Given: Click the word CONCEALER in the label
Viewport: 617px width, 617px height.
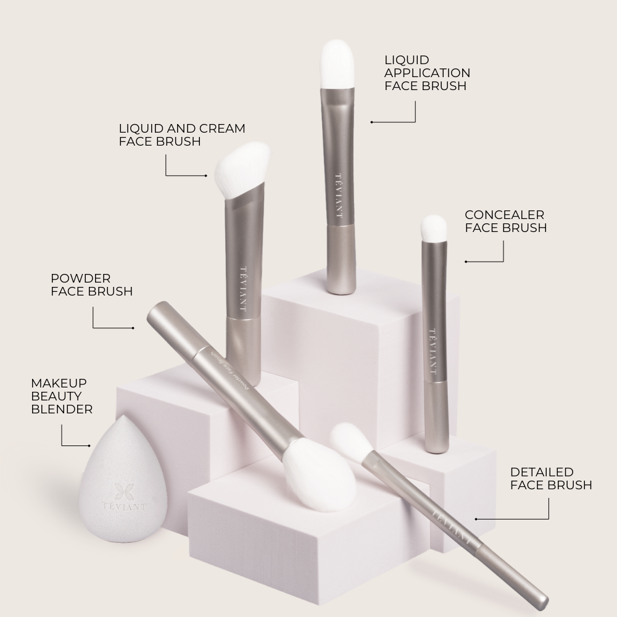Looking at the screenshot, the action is click(505, 215).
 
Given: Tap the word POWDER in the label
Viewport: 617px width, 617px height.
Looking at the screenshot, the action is click(81, 279).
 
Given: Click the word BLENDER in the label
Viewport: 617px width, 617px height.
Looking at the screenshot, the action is click(62, 409).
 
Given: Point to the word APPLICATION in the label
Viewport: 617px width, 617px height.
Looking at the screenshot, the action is click(428, 73).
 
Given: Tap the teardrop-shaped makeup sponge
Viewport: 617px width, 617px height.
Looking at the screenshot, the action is click(123, 479).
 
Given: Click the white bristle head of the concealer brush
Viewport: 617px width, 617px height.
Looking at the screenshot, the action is click(434, 228).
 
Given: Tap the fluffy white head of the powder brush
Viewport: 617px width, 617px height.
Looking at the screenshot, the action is click(320, 474).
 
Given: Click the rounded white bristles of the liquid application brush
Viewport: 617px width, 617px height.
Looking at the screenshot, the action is click(337, 64).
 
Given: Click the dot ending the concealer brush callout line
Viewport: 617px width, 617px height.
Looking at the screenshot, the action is click(466, 262).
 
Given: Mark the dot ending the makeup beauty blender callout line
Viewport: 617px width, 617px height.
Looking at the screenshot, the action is click(89, 446).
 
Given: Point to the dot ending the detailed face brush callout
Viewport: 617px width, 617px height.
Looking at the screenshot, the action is click(476, 520).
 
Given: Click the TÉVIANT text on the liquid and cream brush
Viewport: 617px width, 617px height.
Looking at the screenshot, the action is click(244, 289).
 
